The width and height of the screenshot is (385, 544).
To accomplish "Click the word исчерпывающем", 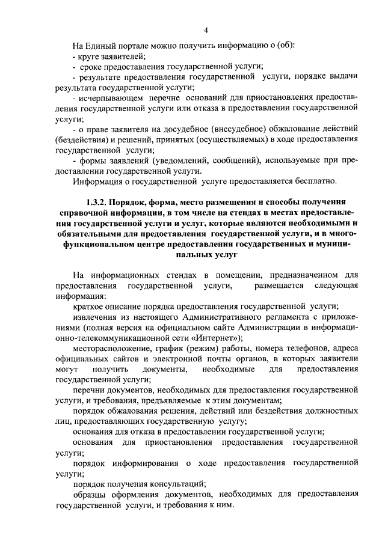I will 110,98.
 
